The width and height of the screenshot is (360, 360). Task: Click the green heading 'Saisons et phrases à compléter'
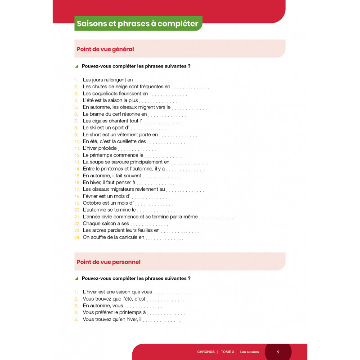coord(137,24)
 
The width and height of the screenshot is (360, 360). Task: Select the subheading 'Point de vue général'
coord(105,49)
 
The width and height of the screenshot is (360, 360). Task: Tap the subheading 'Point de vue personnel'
coord(108,261)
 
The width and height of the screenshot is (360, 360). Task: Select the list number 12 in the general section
coord(77,155)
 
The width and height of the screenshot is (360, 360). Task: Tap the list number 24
coord(77,237)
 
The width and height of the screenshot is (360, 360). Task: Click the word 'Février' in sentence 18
coord(92,196)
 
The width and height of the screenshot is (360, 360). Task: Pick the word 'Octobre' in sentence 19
coord(94,203)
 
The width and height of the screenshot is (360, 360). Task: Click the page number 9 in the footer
coord(278,351)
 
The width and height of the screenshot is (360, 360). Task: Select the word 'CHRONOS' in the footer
coord(206,351)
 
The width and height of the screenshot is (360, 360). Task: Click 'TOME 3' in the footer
coord(228,351)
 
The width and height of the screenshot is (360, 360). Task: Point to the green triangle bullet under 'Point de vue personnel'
coord(76,279)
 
